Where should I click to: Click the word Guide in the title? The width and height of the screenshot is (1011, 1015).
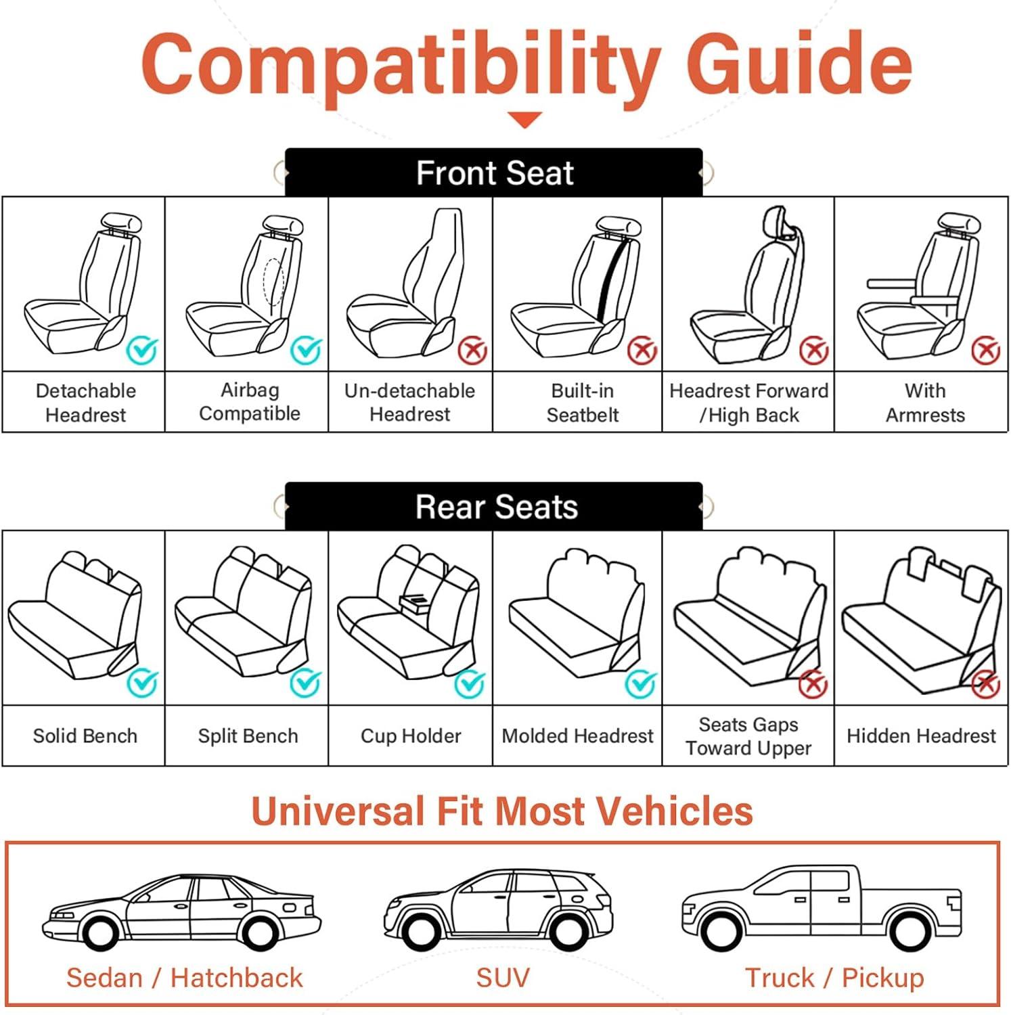[x=799, y=64]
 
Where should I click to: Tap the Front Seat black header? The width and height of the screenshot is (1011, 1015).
[x=494, y=173]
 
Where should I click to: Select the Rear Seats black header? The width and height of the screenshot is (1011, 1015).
[x=494, y=506]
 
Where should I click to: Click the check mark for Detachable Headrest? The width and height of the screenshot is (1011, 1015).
[x=142, y=350]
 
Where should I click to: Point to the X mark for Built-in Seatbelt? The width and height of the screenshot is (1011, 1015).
[x=642, y=351]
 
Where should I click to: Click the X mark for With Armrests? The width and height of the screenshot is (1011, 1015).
[x=986, y=351]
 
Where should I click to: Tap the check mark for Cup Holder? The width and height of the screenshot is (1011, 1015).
[x=470, y=683]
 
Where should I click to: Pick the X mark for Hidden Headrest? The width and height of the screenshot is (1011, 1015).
[x=986, y=683]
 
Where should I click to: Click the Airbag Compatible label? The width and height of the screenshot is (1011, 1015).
[x=250, y=402]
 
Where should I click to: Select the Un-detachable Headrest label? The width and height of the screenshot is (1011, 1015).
[x=410, y=403]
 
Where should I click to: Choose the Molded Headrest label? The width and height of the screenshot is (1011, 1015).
[x=578, y=736]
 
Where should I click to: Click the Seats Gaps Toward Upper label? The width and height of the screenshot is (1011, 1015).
[x=748, y=736]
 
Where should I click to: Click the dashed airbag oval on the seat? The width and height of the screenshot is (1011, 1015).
[x=273, y=281]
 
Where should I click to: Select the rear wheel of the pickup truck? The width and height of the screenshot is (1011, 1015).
[x=910, y=932]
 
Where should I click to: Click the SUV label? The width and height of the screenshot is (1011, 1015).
[x=503, y=978]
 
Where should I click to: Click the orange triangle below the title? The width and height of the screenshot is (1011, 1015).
[x=524, y=120]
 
